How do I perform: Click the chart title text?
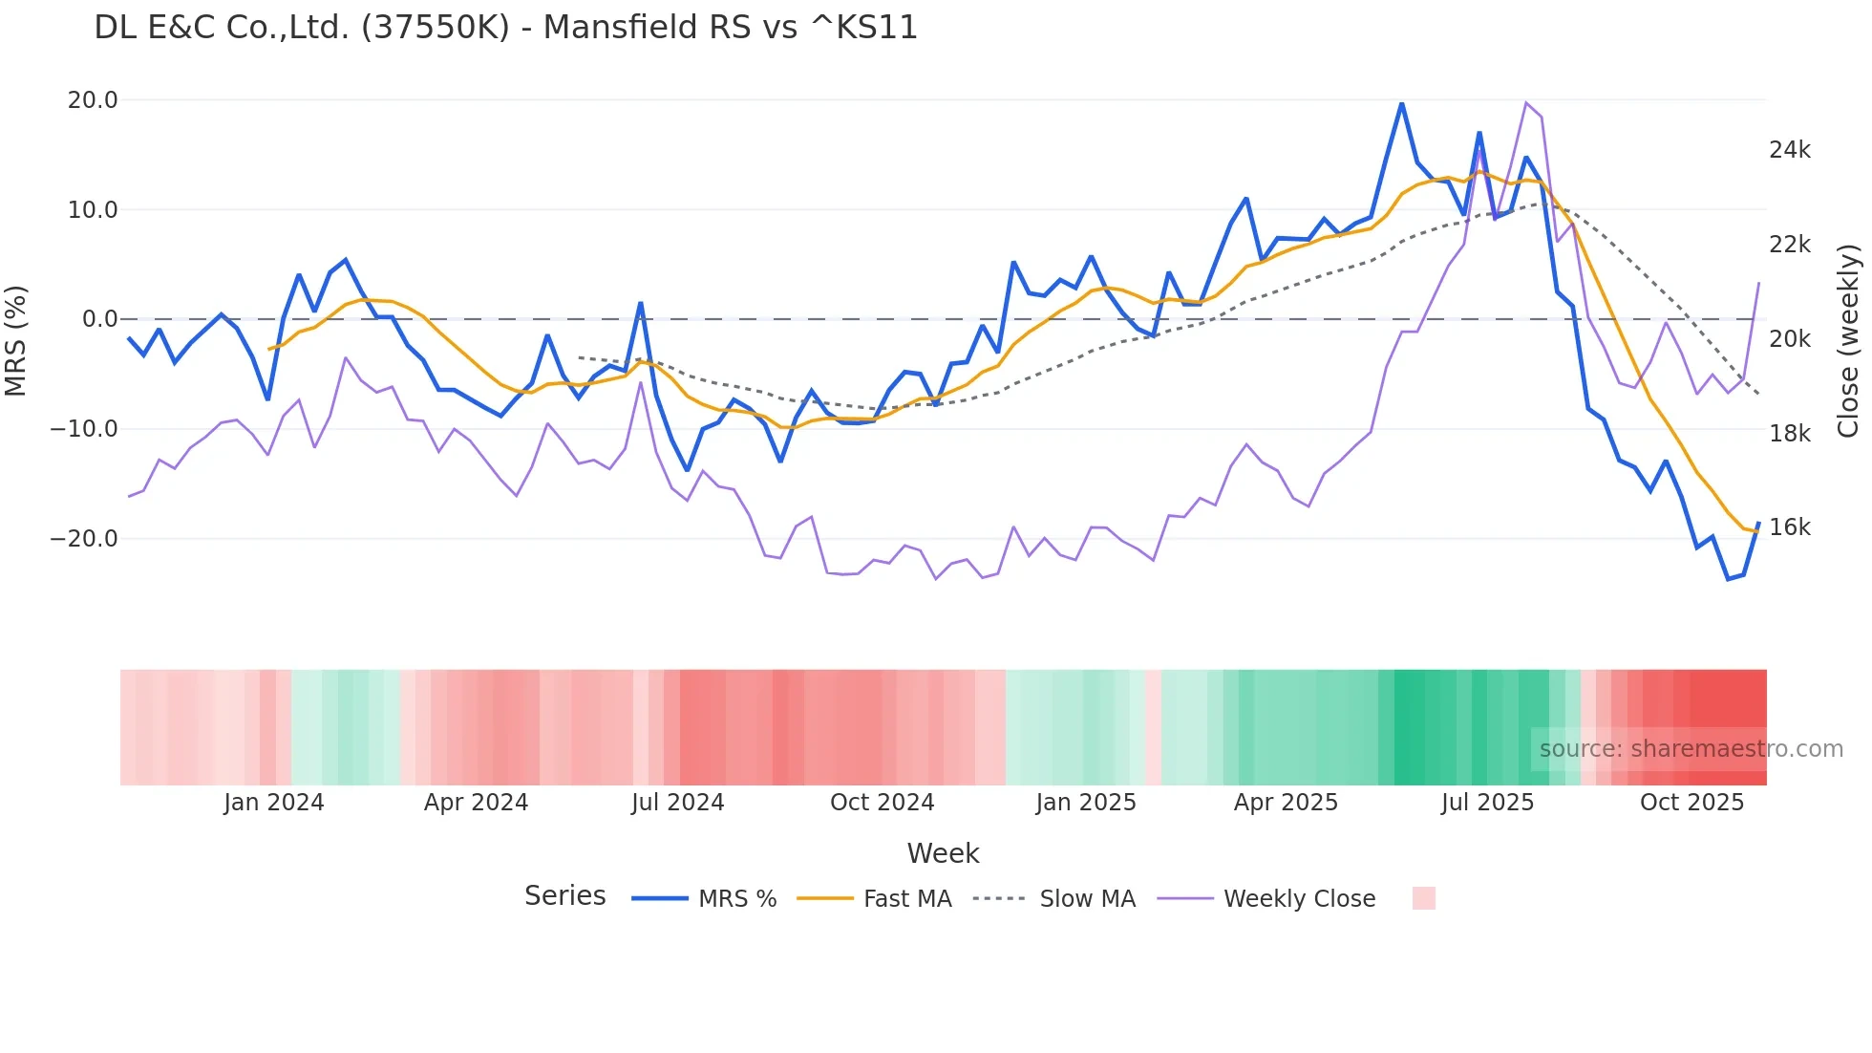coord(505,28)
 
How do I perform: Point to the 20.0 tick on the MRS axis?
coord(92,100)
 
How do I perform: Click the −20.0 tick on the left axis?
coord(84,539)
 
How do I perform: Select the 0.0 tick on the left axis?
coord(99,319)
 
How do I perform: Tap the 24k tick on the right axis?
coord(1789,150)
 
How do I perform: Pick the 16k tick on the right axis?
coord(1789,527)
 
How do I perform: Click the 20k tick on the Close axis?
coord(1789,339)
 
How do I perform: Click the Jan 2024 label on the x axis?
coord(273,803)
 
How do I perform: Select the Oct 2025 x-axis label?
coord(1691,803)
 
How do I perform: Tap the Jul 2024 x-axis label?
coord(677,803)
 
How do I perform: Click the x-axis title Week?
coord(943,853)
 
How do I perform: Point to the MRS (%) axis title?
coord(16,340)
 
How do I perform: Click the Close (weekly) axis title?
coord(1848,341)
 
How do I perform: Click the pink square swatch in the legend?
coord(1423,898)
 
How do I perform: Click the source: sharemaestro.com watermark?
coord(1691,749)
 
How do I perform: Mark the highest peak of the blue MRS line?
coord(1401,103)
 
